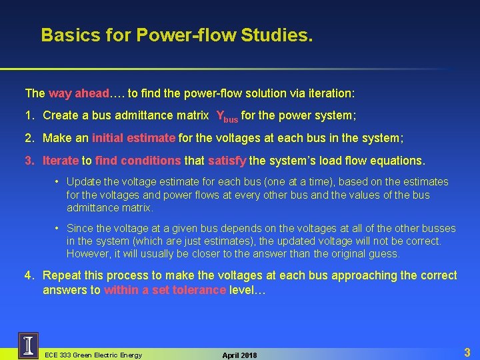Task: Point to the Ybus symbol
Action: point(227,117)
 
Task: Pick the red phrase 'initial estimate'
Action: point(133,138)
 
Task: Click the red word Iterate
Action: point(61,161)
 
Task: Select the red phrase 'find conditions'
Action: point(138,161)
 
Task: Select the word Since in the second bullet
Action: point(80,229)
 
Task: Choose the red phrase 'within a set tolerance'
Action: point(165,290)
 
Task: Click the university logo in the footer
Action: point(28,346)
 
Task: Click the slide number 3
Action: point(467,352)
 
